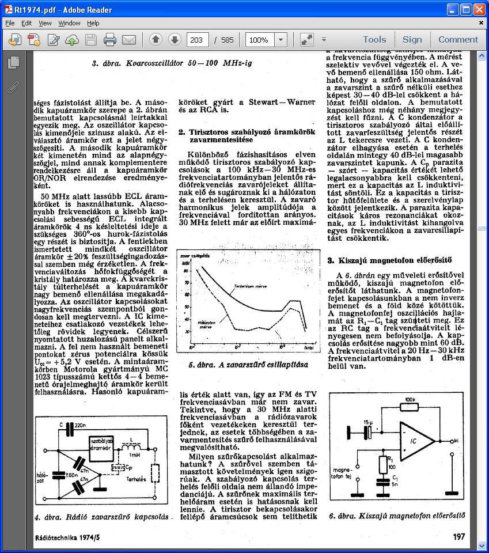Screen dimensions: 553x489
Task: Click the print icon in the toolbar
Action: pos(110,40)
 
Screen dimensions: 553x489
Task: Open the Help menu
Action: pos(93,23)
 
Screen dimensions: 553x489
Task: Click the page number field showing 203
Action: pos(197,40)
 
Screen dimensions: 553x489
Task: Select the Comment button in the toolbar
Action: pos(458,40)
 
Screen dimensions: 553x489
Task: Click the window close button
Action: pos(479,9)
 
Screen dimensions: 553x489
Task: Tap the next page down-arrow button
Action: pos(175,40)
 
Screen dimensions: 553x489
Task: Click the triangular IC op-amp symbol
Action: pos(416,440)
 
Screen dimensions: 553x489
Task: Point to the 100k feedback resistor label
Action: pos(410,399)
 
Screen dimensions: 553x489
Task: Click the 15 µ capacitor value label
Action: pos(368,422)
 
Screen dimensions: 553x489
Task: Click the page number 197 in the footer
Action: pos(458,536)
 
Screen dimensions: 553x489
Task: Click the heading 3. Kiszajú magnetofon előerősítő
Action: pos(390,260)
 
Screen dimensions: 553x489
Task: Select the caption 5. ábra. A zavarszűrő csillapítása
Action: pos(248,365)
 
